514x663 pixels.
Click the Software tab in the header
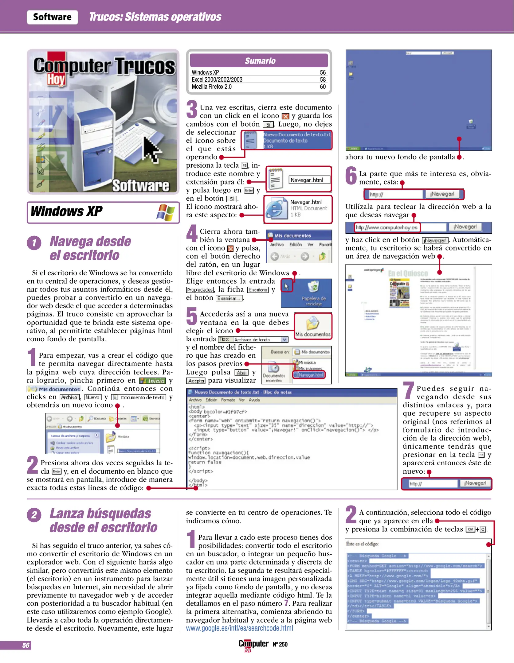click(x=52, y=17)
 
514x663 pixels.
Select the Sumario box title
click(x=260, y=61)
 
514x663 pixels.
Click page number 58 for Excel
click(x=323, y=79)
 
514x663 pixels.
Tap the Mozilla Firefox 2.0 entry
click(x=212, y=87)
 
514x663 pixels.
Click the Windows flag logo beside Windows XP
click(x=166, y=212)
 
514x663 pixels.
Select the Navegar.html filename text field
click(x=309, y=180)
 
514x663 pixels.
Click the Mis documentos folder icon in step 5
click(x=313, y=324)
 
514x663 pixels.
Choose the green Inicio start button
click(x=153, y=381)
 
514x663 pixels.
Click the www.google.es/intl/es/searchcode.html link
click(x=239, y=628)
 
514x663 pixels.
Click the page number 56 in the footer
click(x=26, y=645)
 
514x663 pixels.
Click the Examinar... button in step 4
click(x=229, y=298)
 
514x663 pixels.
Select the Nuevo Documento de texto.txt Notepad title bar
click(x=243, y=392)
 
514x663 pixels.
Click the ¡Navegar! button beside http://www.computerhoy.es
click(x=465, y=227)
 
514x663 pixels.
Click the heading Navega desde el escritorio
click(x=90, y=248)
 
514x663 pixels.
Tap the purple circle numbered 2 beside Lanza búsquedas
click(x=34, y=515)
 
